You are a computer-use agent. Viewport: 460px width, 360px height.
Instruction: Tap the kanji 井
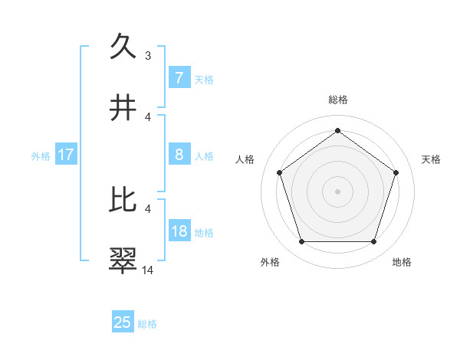123,108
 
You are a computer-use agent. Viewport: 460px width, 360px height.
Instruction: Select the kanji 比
123,200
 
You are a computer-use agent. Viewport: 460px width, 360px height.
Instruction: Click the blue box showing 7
179,77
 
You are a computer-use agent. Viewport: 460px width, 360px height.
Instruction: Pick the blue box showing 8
179,155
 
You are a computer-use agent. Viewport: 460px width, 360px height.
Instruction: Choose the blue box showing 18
179,231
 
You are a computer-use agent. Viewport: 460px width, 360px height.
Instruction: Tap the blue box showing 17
66,155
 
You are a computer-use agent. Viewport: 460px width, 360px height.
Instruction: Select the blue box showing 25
123,322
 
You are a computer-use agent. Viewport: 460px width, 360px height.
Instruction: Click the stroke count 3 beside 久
148,55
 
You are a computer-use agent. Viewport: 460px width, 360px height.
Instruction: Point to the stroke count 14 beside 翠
148,270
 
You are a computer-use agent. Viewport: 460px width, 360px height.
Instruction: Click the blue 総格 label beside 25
147,324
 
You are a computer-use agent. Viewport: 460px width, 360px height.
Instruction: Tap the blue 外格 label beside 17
41,155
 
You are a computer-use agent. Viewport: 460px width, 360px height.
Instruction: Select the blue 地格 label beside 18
204,232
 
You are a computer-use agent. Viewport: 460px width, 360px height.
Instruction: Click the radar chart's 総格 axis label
337,100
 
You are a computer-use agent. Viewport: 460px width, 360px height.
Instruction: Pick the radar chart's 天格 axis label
431,159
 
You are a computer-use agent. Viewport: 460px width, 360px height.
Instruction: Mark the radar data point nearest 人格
280,172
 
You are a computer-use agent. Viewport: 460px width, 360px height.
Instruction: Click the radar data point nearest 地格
373,242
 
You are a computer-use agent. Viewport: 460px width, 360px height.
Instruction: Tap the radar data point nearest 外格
301,242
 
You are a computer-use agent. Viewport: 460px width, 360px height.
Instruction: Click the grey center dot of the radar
337,191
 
